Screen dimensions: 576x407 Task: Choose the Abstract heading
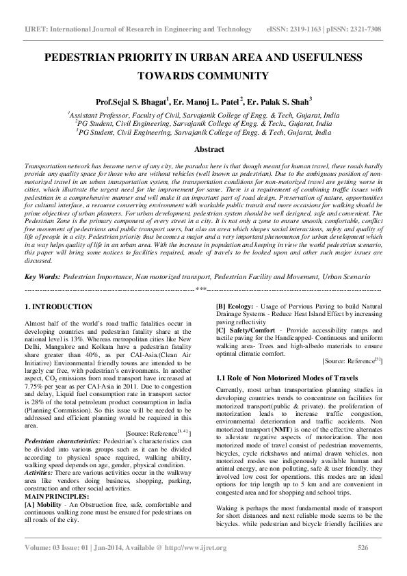(x=203, y=148)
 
